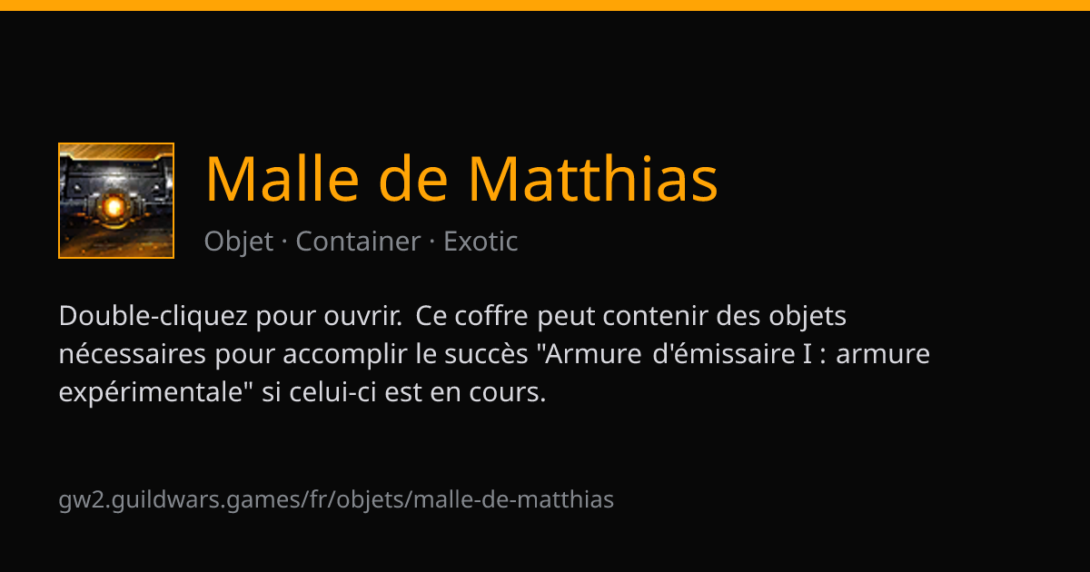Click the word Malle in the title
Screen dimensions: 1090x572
(282, 178)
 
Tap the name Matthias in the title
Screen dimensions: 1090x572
(593, 178)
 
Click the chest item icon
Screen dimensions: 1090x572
(116, 201)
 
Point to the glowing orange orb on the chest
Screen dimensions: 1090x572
(114, 207)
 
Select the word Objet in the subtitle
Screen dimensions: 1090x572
(238, 242)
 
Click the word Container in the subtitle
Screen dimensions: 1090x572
(358, 242)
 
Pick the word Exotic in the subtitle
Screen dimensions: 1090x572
(481, 242)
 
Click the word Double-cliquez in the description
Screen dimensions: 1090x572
(153, 316)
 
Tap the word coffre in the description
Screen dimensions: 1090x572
(491, 316)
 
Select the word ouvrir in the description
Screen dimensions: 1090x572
(363, 316)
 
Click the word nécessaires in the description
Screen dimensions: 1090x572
(133, 353)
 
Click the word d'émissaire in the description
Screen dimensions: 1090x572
(724, 353)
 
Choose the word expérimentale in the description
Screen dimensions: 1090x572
(151, 392)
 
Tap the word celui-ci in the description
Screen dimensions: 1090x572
(332, 392)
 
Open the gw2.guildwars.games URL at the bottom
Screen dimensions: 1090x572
(336, 499)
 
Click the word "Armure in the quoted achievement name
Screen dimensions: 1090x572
(590, 353)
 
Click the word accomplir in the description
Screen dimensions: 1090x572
(344, 354)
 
